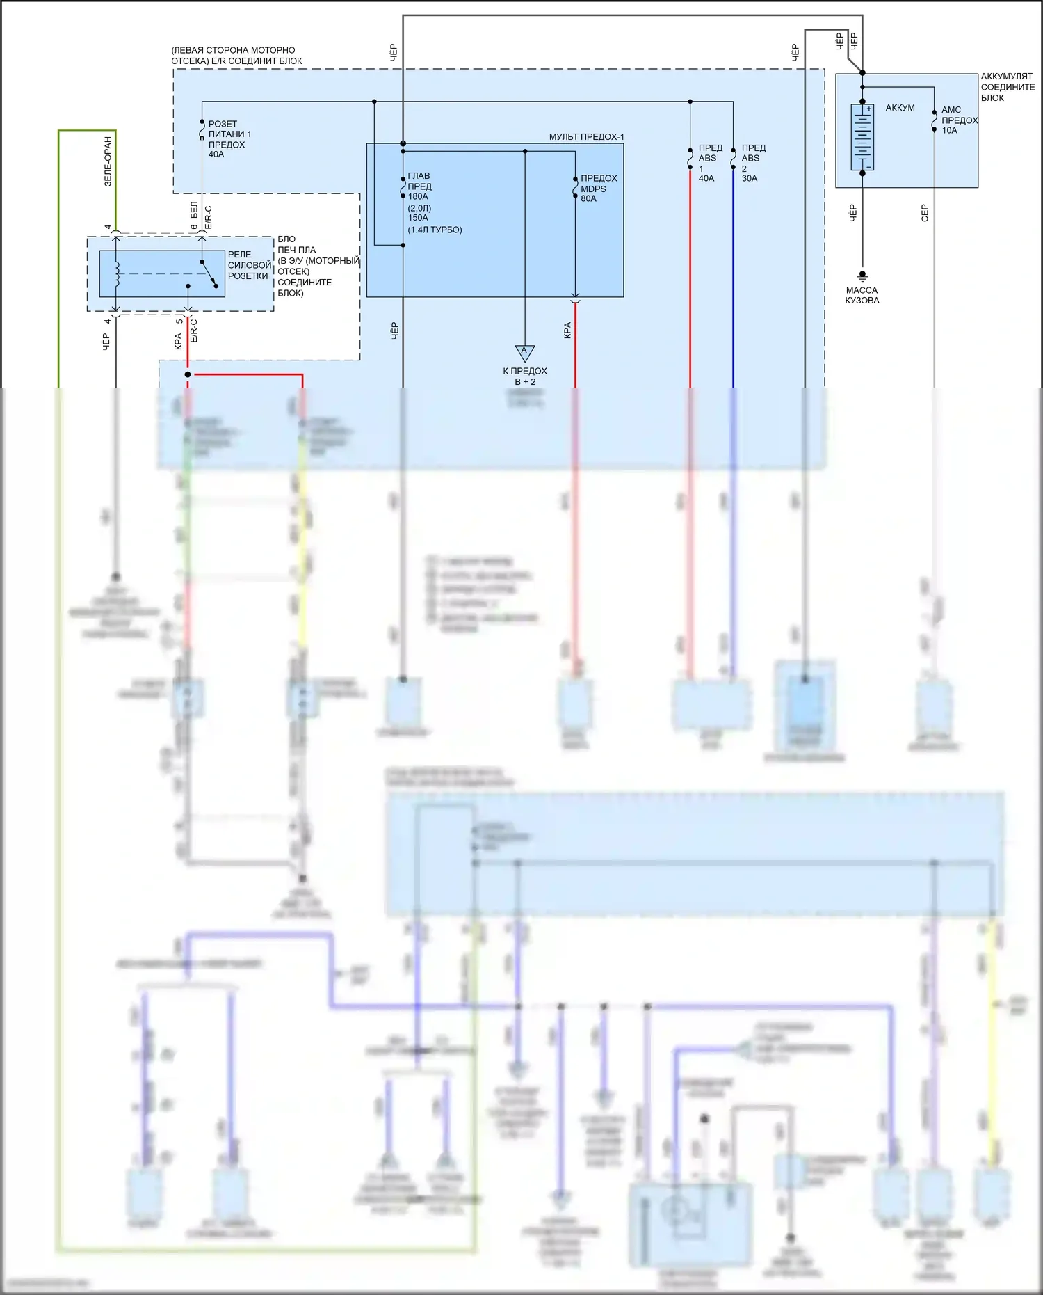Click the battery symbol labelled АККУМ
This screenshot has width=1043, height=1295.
point(862,136)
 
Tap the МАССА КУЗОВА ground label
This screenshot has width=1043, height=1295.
point(862,295)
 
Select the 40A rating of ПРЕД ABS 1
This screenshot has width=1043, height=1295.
point(706,178)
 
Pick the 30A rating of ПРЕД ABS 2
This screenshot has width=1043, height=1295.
point(750,178)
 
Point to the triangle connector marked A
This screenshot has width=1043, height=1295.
point(525,352)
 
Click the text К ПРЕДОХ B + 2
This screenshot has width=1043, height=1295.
point(525,376)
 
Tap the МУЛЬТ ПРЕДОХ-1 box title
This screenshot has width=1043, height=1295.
point(586,137)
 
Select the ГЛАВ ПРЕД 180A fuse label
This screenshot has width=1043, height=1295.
point(419,186)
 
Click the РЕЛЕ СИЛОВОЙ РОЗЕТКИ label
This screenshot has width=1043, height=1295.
point(249,265)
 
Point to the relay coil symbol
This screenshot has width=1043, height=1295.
point(117,273)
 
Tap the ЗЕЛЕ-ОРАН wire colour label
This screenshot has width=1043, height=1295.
point(108,161)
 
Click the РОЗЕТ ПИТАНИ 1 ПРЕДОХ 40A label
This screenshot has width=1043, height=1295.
point(229,139)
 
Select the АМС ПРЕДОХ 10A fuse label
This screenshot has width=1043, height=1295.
point(959,120)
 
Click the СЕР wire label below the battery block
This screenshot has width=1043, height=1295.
point(925,213)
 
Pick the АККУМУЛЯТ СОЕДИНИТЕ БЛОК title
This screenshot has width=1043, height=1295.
point(1008,87)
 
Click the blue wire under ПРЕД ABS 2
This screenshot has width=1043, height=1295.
point(733,278)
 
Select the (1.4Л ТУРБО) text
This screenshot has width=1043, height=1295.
point(435,230)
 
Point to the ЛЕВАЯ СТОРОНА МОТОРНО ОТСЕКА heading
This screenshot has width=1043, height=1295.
point(236,56)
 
